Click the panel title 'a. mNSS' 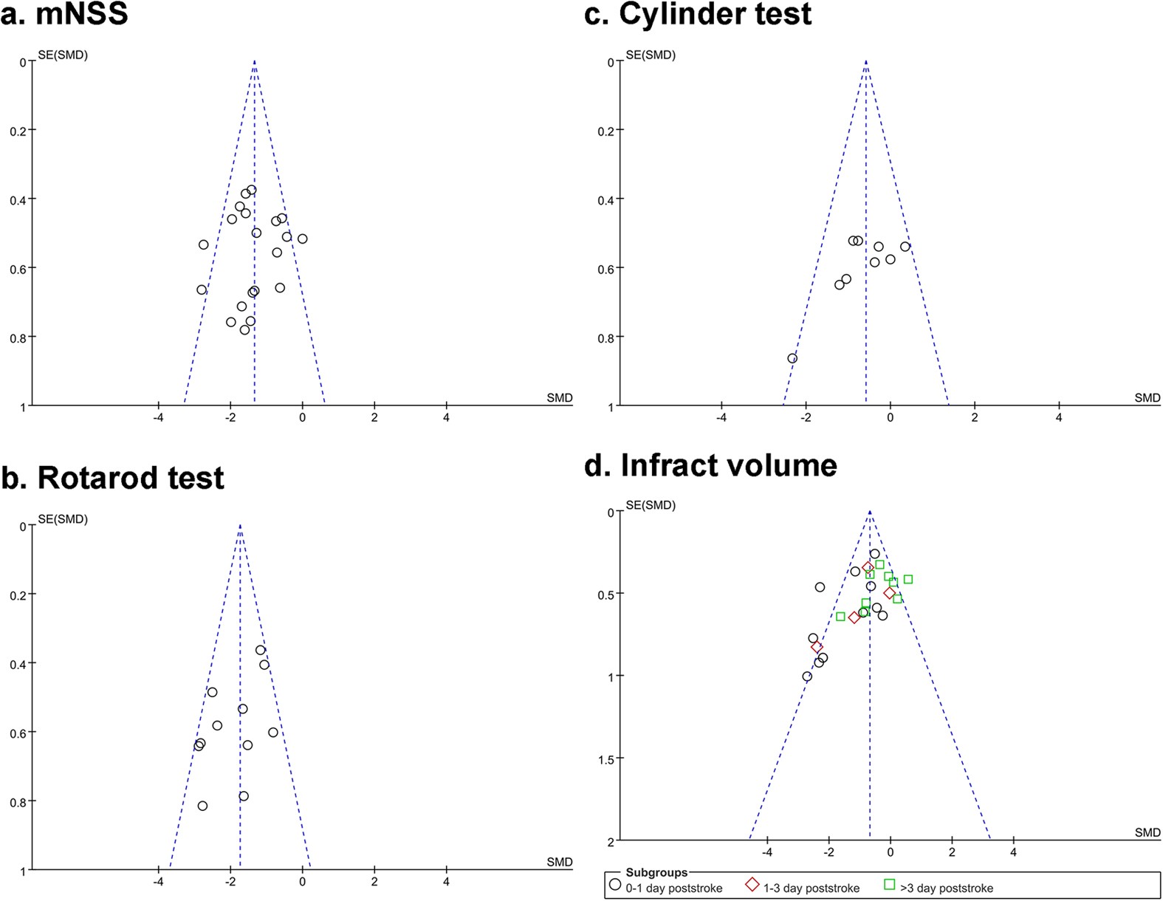tap(64, 15)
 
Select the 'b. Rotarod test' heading tap(112, 479)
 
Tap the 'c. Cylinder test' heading tap(698, 15)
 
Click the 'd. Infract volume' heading tap(710, 466)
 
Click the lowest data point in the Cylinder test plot tap(792, 359)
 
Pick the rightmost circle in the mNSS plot tap(302, 239)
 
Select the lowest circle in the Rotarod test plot tap(202, 806)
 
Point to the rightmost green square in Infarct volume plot tap(908, 580)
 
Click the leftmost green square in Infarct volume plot tap(840, 617)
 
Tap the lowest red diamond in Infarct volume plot tap(817, 648)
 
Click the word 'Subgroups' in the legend tap(656, 873)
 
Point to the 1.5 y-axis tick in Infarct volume tap(608, 758)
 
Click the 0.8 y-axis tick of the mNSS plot tap(18, 338)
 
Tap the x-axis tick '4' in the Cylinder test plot tap(1059, 418)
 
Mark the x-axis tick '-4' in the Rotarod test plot tap(158, 882)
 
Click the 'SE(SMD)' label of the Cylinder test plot tap(651, 55)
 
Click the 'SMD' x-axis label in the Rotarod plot tap(559, 862)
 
